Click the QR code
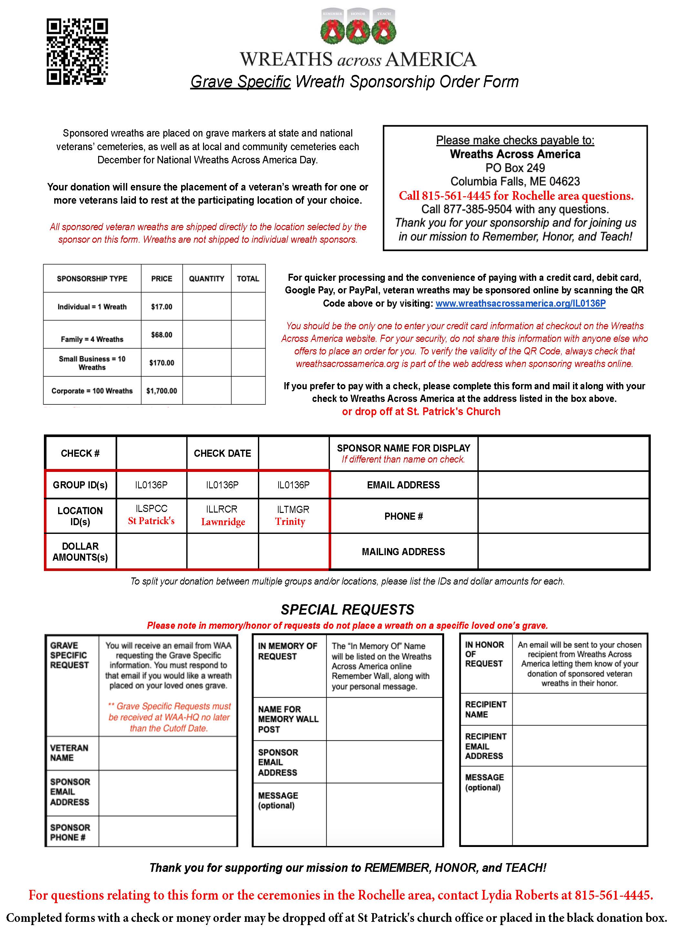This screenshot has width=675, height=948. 77,52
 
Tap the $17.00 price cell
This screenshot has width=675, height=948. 162,307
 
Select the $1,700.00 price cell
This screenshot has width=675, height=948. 162,391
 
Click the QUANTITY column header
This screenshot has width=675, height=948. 207,279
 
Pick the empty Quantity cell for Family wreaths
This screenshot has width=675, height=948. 207,335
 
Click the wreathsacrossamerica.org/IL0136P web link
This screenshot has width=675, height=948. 520,303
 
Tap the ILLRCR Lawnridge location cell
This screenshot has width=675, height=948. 223,516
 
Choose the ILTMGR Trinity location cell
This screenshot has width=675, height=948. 293,516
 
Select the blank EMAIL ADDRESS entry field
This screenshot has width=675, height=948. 563,485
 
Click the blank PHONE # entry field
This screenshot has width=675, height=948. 563,516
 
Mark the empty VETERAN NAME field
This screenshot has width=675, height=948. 168,753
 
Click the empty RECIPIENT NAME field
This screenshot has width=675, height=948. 579,709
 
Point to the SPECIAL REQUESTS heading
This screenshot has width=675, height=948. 347,610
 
